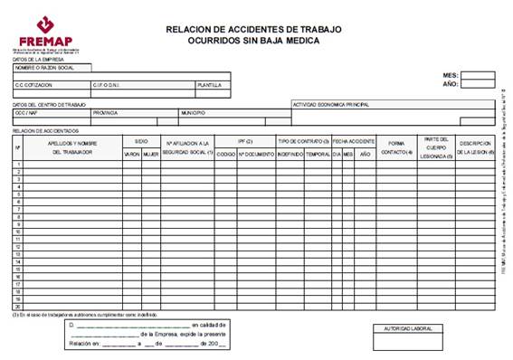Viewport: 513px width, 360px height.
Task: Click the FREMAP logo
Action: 43,33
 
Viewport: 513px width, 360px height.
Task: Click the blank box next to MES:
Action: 478,75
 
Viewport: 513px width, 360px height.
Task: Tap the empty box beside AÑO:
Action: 478,84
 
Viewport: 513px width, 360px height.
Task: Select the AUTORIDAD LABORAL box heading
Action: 409,328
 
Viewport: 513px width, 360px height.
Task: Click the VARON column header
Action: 132,155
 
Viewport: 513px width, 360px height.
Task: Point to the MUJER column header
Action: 150,155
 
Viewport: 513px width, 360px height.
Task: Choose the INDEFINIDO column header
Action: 290,155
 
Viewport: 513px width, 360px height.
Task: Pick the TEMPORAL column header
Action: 318,155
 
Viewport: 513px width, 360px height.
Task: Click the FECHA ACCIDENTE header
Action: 353,142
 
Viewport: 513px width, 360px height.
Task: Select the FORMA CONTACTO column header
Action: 395,147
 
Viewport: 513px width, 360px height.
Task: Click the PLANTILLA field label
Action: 209,85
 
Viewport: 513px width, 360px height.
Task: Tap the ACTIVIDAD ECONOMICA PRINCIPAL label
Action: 330,104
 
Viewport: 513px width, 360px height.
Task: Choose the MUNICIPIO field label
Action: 193,113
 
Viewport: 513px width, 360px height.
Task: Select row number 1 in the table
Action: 18,165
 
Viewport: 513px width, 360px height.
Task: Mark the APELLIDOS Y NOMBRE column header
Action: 71,147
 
